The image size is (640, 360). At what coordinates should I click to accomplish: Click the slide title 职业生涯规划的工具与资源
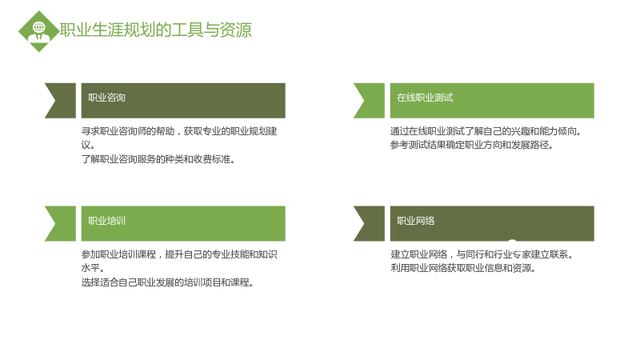pyautogui.click(x=156, y=30)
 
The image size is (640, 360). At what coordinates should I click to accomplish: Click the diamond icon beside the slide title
pyautogui.click(x=39, y=31)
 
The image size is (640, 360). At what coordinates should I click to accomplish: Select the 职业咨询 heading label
pyautogui.click(x=106, y=98)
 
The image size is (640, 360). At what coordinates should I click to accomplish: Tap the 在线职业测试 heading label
pyautogui.click(x=425, y=98)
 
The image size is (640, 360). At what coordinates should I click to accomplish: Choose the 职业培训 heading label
pyautogui.click(x=106, y=221)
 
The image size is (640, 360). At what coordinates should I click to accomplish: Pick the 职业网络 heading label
pyautogui.click(x=415, y=221)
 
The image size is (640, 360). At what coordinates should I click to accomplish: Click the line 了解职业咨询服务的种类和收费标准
pyautogui.click(x=158, y=159)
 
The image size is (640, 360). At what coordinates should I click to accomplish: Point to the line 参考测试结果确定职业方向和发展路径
pyautogui.click(x=471, y=145)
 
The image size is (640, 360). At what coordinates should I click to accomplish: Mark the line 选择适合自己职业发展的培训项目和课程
pyautogui.click(x=167, y=282)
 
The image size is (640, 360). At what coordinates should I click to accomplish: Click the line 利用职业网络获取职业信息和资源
pyautogui.click(x=463, y=268)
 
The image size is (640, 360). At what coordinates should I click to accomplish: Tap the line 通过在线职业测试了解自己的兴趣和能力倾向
pyautogui.click(x=486, y=131)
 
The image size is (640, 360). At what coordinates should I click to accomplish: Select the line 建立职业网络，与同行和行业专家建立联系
pyautogui.click(x=482, y=254)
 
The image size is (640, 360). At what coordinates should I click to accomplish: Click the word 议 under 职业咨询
pyautogui.click(x=86, y=145)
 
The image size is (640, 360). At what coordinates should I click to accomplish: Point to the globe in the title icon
pyautogui.click(x=39, y=27)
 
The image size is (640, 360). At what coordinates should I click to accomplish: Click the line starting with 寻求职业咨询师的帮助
pyautogui.click(x=179, y=131)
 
